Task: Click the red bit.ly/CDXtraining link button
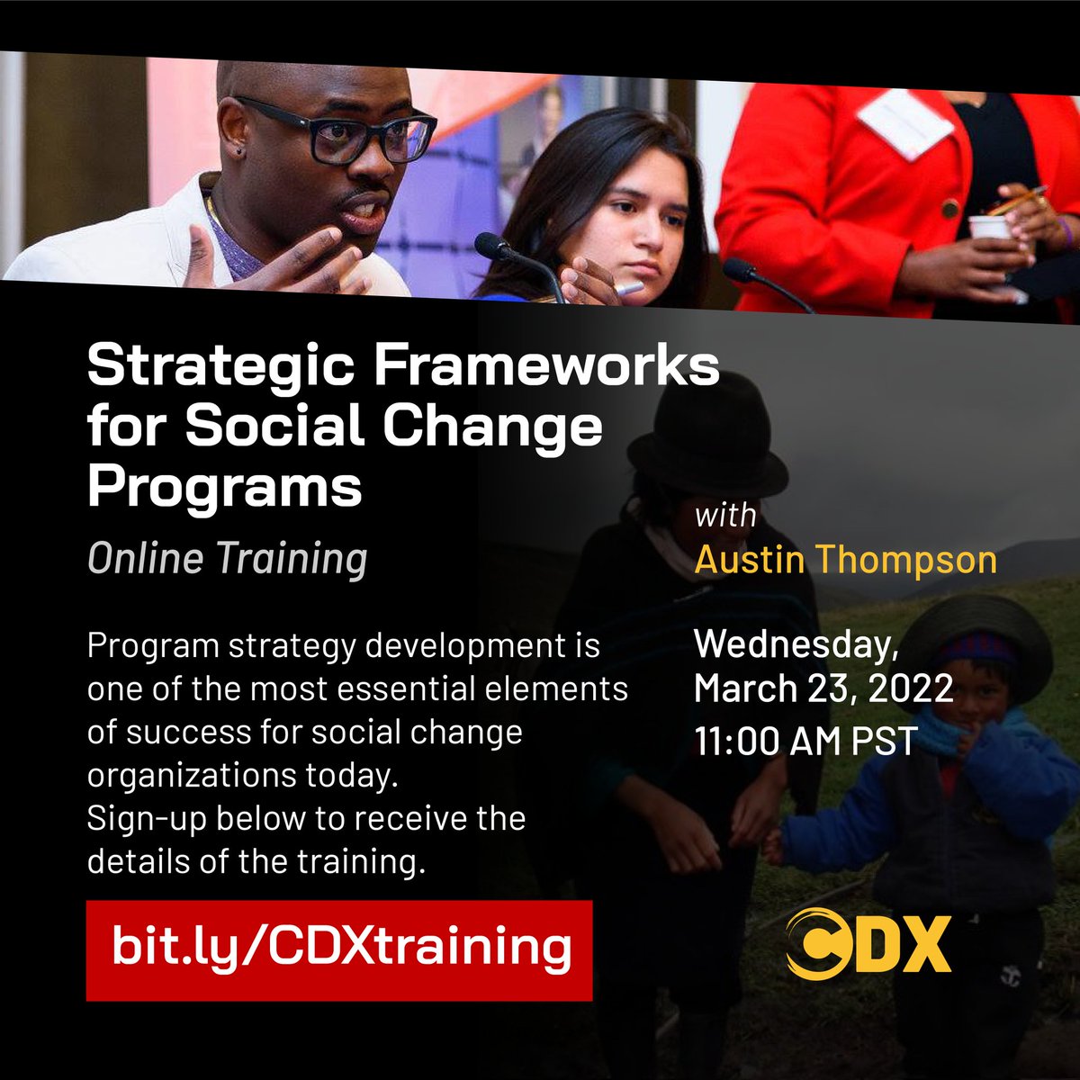(x=339, y=949)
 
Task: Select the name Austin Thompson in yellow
(x=845, y=560)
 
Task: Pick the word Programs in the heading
(x=224, y=487)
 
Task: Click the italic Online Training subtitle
(x=227, y=559)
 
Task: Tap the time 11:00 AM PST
(x=805, y=741)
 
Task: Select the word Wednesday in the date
(x=796, y=644)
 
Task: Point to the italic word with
(x=725, y=517)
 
